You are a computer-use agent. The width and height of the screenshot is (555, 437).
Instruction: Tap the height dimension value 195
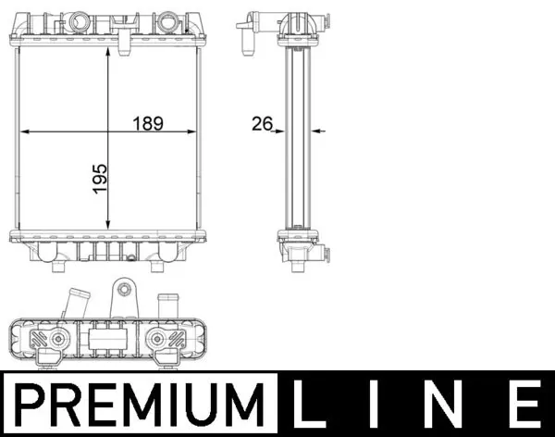click(x=100, y=180)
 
